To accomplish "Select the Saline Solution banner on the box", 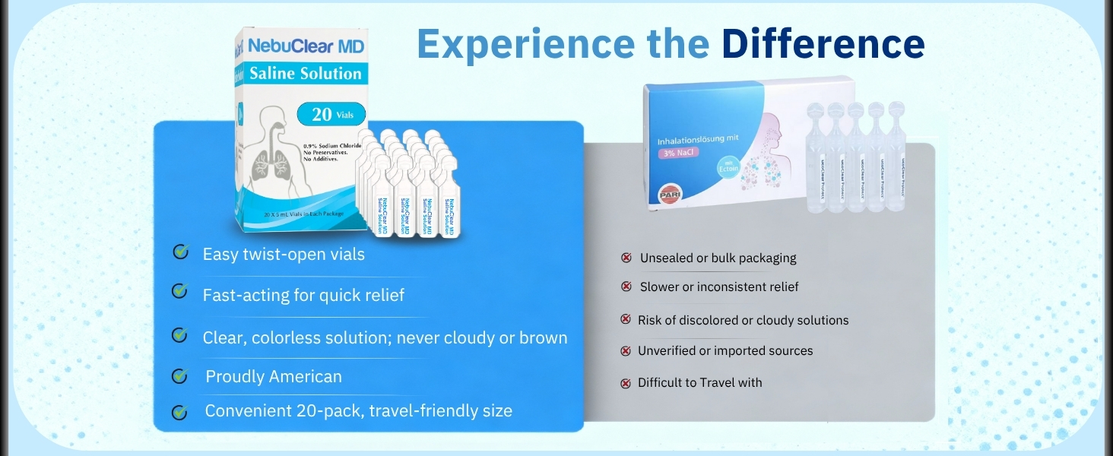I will [x=306, y=74].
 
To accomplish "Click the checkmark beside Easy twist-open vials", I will [x=181, y=252].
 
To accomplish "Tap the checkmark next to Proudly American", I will [x=180, y=375].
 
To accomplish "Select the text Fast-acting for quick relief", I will [x=303, y=295].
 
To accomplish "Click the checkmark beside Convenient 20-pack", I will [x=180, y=412].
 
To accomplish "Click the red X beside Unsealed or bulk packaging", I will [x=626, y=258].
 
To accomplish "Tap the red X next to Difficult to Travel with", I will [x=626, y=383].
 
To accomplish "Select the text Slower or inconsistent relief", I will [x=718, y=287].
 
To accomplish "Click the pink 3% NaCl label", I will [x=677, y=152].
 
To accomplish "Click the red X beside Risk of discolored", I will [x=626, y=320].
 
